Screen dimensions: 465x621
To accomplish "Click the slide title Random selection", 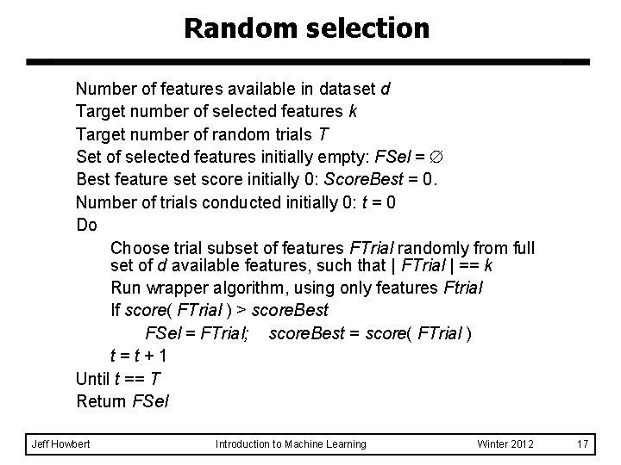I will (306, 28).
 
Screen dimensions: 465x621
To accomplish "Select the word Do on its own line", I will (86, 226).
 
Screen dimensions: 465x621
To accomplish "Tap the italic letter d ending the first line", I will (384, 89).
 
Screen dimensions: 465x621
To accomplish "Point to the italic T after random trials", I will (323, 135).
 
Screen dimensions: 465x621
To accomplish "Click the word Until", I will (94, 378).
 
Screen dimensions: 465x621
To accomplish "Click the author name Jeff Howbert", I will (60, 443).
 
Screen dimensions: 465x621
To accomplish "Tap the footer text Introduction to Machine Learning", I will (291, 443).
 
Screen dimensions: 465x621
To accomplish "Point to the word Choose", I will (140, 249).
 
